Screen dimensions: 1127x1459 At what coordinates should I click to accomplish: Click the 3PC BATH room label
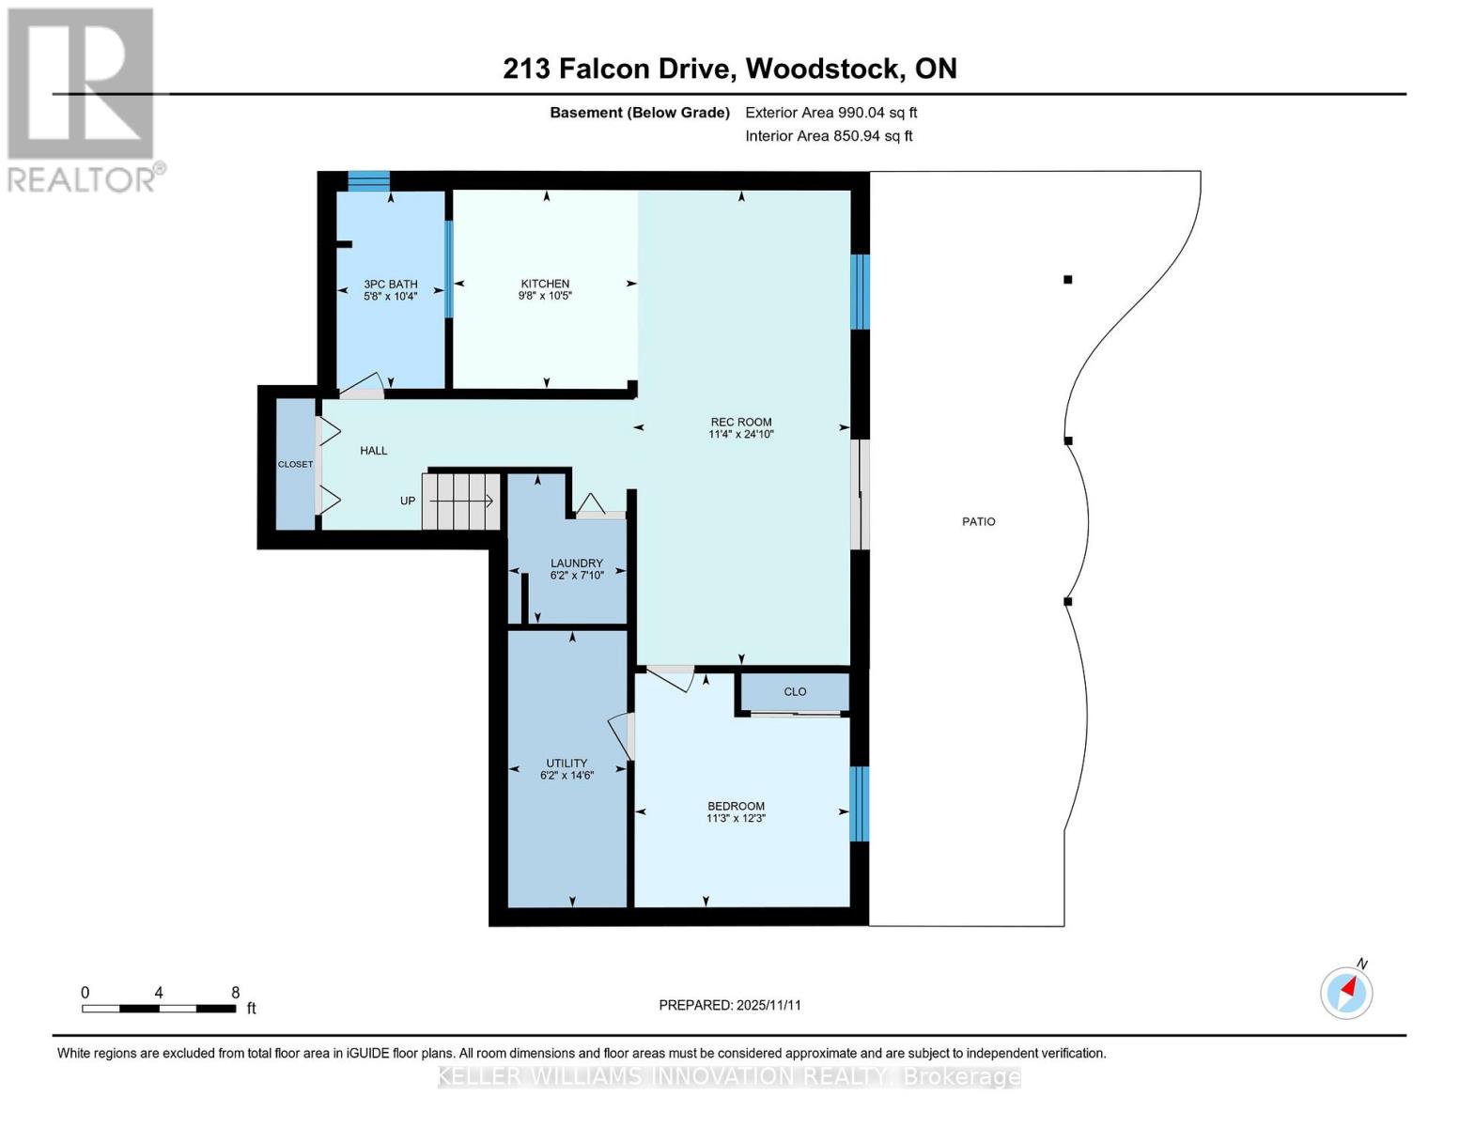coord(391,285)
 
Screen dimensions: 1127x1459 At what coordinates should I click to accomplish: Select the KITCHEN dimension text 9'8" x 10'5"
coord(545,296)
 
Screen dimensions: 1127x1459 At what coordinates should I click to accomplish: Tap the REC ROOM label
coord(740,423)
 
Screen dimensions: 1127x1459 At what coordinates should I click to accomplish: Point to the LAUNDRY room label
coord(576,563)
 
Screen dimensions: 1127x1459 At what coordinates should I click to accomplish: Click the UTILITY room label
coord(567,764)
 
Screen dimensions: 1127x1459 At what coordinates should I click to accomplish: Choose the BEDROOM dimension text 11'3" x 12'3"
coord(736,819)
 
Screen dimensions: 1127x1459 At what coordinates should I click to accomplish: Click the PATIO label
coord(978,522)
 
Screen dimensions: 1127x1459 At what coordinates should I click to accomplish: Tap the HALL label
coord(373,451)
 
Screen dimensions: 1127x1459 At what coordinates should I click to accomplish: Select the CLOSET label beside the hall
coord(295,464)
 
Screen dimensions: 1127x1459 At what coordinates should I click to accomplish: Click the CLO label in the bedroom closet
coord(795,692)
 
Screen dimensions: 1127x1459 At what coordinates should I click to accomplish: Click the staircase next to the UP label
coord(460,502)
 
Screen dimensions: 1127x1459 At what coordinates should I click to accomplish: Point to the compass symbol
coord(1346,992)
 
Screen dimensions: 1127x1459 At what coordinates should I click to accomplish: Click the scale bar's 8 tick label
coord(235,993)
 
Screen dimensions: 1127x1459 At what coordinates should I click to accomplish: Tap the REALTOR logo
coord(83,99)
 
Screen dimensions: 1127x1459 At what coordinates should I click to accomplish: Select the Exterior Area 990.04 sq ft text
coord(830,113)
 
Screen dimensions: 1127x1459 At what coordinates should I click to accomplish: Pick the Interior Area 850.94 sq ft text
coord(829,136)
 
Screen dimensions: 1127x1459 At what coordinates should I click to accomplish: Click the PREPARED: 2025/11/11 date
coord(730,1005)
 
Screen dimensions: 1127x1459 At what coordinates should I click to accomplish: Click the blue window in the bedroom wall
coord(859,804)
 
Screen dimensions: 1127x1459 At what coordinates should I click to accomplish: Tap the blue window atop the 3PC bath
coord(368,180)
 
